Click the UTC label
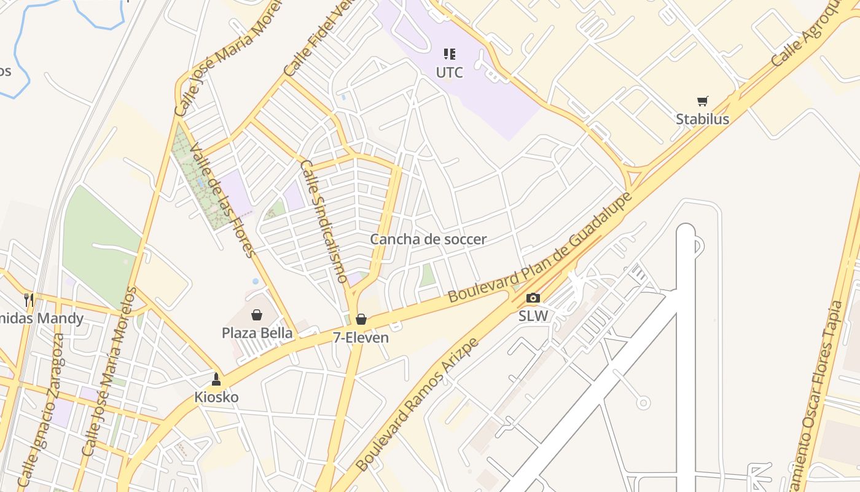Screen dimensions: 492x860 point(449,73)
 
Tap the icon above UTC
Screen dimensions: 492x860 point(449,54)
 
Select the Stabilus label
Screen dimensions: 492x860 point(702,119)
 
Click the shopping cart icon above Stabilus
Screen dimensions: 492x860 point(702,101)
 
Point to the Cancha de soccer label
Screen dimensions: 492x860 point(428,239)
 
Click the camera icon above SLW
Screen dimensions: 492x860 point(533,298)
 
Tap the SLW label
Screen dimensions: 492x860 point(533,316)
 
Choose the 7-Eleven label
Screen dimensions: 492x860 point(361,338)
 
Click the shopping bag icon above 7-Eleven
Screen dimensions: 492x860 point(361,319)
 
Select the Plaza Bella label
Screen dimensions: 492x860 point(257,333)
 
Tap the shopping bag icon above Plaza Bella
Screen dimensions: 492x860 point(257,315)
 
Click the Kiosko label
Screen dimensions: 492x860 point(216,397)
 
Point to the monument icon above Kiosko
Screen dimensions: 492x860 point(216,379)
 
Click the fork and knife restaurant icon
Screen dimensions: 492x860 point(29,300)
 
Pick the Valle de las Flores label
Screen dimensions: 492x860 point(222,200)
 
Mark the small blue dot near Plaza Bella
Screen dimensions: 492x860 point(256,281)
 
